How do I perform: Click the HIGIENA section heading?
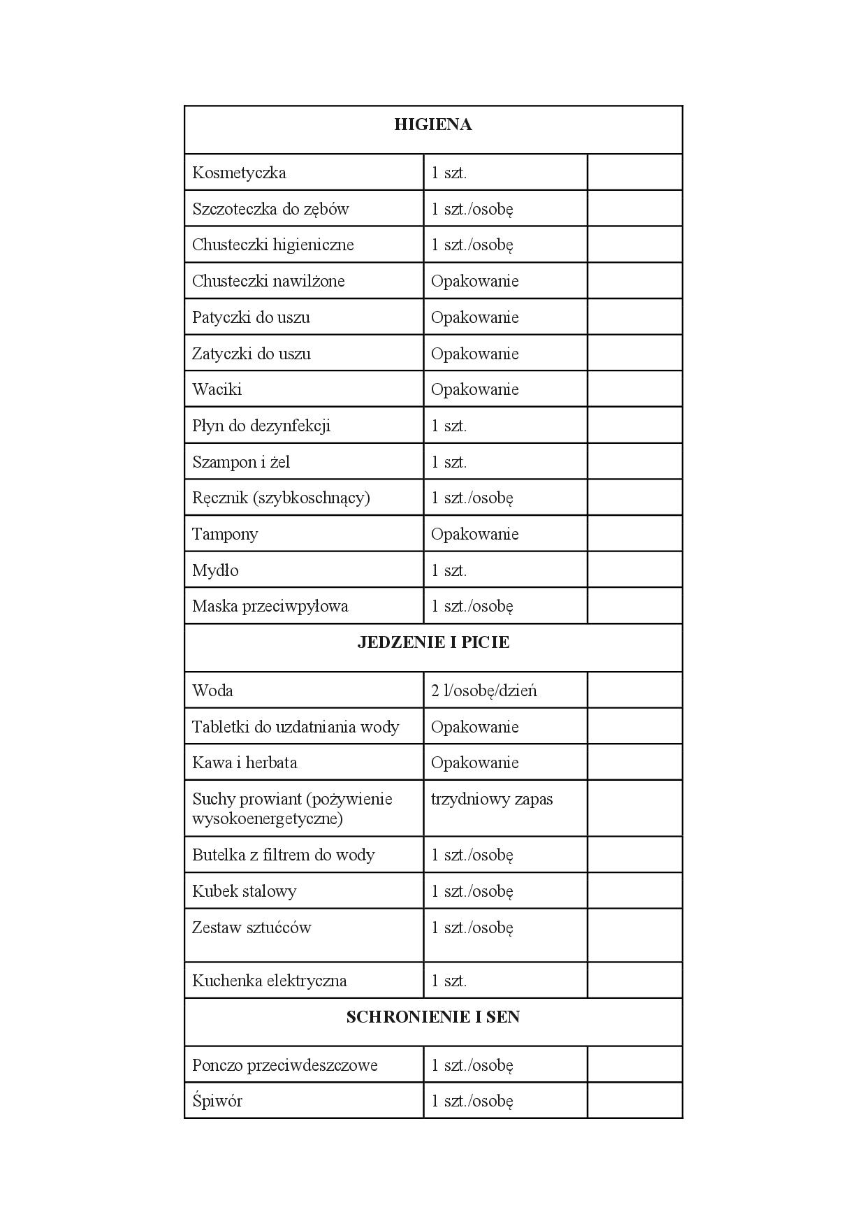coord(432,125)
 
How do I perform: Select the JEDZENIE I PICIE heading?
coord(432,643)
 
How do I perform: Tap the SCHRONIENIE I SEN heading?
coord(432,1017)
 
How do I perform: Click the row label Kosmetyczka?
coord(239,173)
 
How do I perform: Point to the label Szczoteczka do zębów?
coord(270,209)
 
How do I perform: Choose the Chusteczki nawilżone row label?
coord(268,281)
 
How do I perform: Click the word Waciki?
coord(217,389)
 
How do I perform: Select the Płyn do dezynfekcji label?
coord(261,426)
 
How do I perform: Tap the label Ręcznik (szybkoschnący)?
coord(281,498)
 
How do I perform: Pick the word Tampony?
coord(225,534)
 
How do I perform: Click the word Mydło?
coord(215,570)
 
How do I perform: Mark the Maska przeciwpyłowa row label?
coord(270,606)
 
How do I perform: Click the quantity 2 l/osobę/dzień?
coord(483,691)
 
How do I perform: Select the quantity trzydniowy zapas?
coord(491,799)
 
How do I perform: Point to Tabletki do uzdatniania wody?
coord(296,727)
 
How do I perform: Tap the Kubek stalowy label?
coord(244,891)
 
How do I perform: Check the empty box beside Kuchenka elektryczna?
coord(634,980)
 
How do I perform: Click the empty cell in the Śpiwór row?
coord(634,1101)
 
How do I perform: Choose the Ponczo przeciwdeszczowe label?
coord(284,1065)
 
